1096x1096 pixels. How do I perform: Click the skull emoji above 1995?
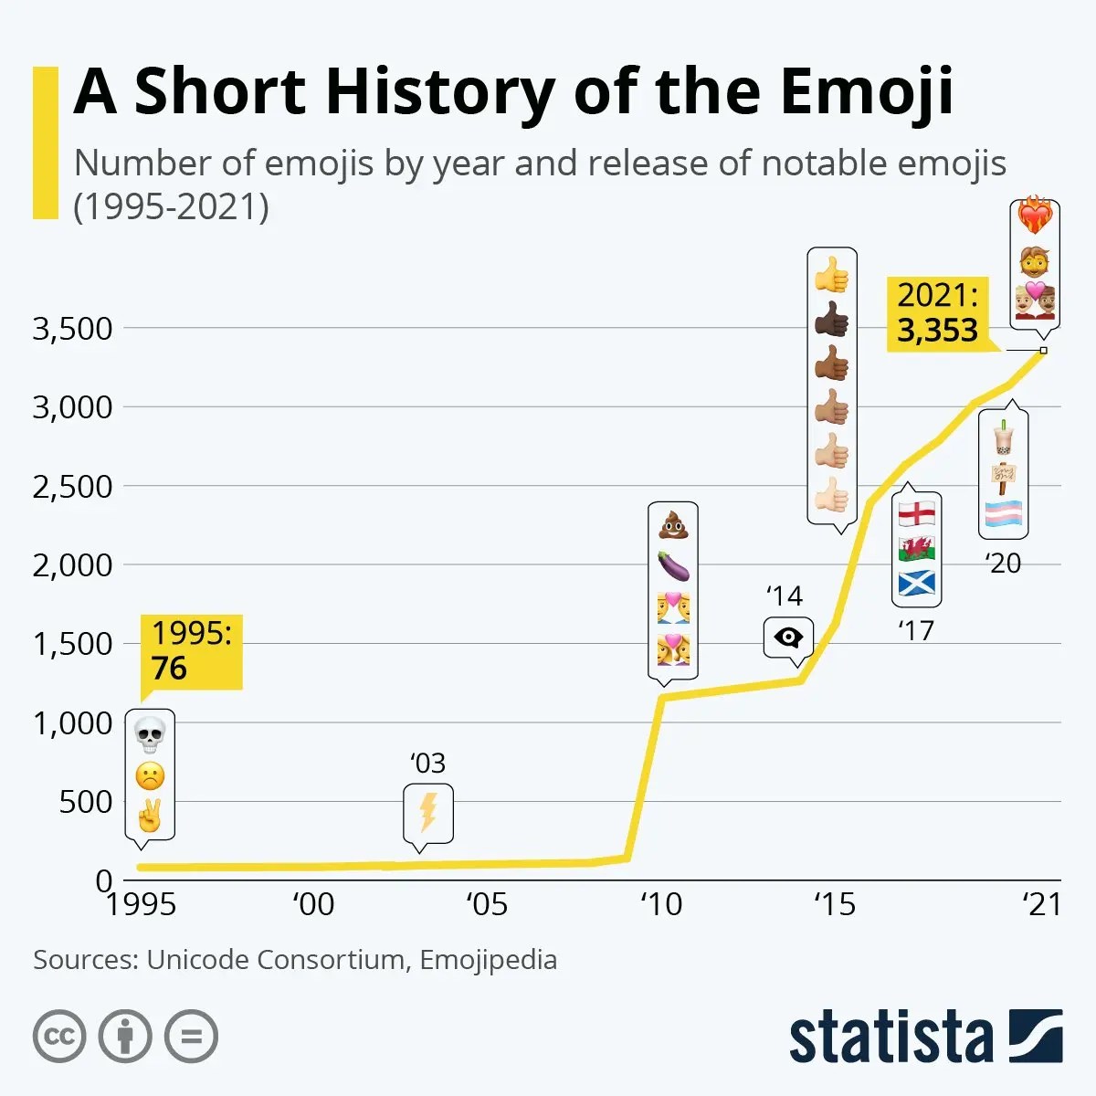tap(150, 733)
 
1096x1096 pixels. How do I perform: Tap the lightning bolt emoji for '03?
tap(427, 812)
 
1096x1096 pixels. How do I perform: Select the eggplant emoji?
tap(673, 566)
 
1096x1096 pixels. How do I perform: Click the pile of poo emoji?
tap(673, 525)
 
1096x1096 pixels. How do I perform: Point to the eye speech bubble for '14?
tap(787, 638)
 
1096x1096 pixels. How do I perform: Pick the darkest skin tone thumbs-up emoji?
tap(832, 321)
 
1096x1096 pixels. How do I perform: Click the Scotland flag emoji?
tap(916, 583)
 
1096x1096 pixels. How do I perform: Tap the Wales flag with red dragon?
tap(916, 548)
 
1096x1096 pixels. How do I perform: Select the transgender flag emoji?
tap(1003, 515)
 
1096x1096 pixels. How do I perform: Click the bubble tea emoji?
tap(1003, 437)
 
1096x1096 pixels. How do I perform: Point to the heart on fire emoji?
tap(1035, 216)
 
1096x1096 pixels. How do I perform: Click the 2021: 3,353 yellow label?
tap(937, 313)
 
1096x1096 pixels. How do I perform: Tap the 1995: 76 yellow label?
tap(191, 651)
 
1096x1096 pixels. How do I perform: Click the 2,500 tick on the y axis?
tap(72, 487)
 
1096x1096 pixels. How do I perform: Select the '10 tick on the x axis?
tap(660, 904)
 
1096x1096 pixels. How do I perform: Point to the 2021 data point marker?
tap(1043, 350)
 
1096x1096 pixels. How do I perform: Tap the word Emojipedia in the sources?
tap(488, 960)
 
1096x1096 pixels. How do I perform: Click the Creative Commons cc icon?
tap(59, 1037)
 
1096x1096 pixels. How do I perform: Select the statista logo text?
tap(890, 1038)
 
